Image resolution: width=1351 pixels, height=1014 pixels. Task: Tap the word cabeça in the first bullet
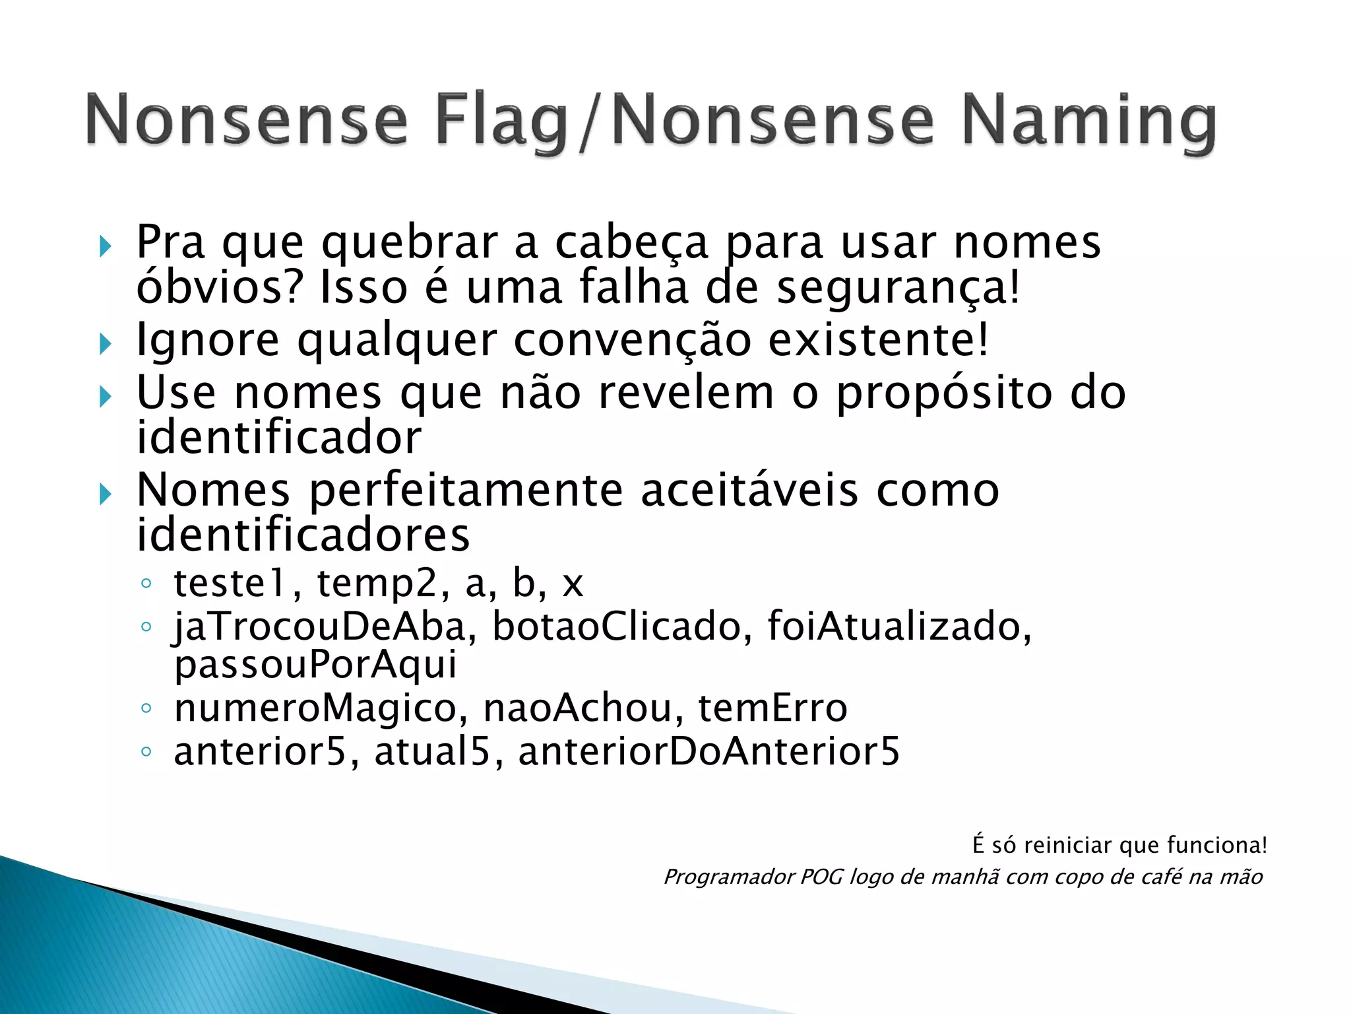coord(631,242)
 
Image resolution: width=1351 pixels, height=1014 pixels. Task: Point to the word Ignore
coord(208,341)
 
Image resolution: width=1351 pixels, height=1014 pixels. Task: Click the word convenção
coord(632,341)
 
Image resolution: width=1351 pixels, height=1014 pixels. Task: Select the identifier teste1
coord(231,584)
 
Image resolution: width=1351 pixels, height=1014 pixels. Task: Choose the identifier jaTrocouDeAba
coord(320,626)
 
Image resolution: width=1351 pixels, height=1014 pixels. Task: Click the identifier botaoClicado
coord(617,626)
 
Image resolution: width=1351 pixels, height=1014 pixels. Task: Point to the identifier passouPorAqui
coord(315,664)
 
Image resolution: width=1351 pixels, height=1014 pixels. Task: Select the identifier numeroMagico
coord(315,708)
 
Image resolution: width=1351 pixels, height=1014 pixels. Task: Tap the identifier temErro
coord(772,708)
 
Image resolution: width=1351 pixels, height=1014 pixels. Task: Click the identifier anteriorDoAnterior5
coord(709,752)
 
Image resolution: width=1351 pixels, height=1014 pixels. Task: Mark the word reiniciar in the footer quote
coord(1068,845)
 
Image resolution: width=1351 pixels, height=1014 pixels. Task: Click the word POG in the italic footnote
coord(821,877)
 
